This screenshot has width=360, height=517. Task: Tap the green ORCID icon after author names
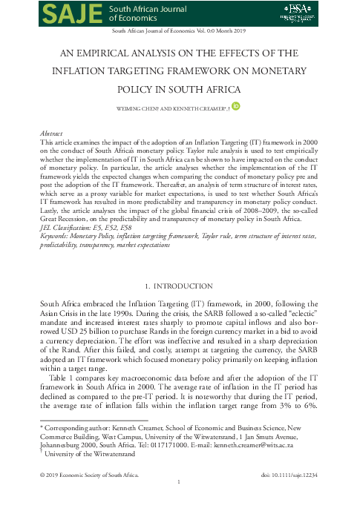pos(237,107)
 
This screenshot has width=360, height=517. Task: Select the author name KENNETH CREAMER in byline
pos(200,108)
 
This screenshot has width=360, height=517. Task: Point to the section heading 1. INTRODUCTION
pos(180,286)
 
